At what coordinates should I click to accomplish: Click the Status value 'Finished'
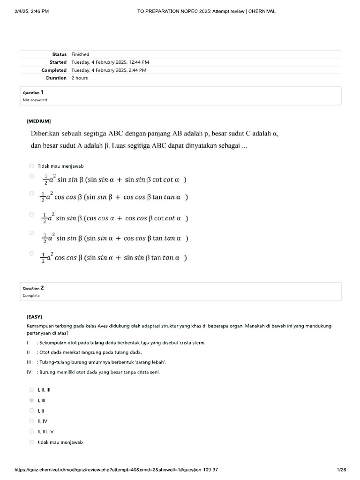(x=80, y=54)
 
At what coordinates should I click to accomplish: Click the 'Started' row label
(x=58, y=62)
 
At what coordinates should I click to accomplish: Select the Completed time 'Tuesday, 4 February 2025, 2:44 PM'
(x=109, y=70)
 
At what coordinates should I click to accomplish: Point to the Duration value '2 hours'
(x=79, y=78)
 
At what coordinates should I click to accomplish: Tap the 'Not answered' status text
(x=35, y=100)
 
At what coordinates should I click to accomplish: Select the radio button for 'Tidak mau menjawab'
(x=31, y=166)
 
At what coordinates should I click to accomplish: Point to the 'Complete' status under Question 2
(x=31, y=295)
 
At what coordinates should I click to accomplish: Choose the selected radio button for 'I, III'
(x=31, y=401)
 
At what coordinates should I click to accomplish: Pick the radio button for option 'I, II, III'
(x=31, y=390)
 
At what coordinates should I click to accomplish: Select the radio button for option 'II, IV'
(x=31, y=421)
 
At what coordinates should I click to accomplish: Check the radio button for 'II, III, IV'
(x=31, y=432)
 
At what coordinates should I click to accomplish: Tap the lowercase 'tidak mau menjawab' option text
(x=60, y=442)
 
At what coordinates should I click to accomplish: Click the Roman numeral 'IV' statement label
(x=29, y=372)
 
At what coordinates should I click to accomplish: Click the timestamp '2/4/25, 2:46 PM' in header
(x=32, y=11)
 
